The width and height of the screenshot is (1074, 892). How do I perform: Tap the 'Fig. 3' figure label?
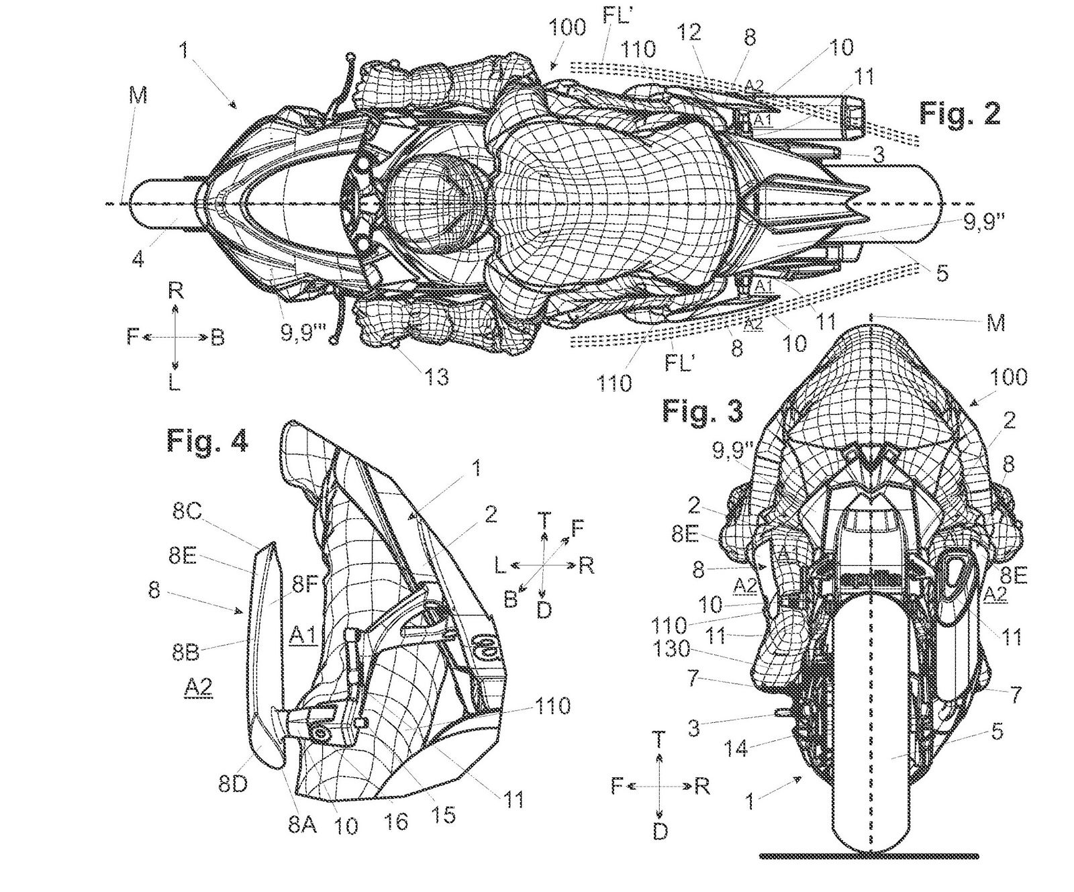point(702,410)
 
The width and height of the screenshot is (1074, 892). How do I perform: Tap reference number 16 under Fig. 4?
point(397,822)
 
